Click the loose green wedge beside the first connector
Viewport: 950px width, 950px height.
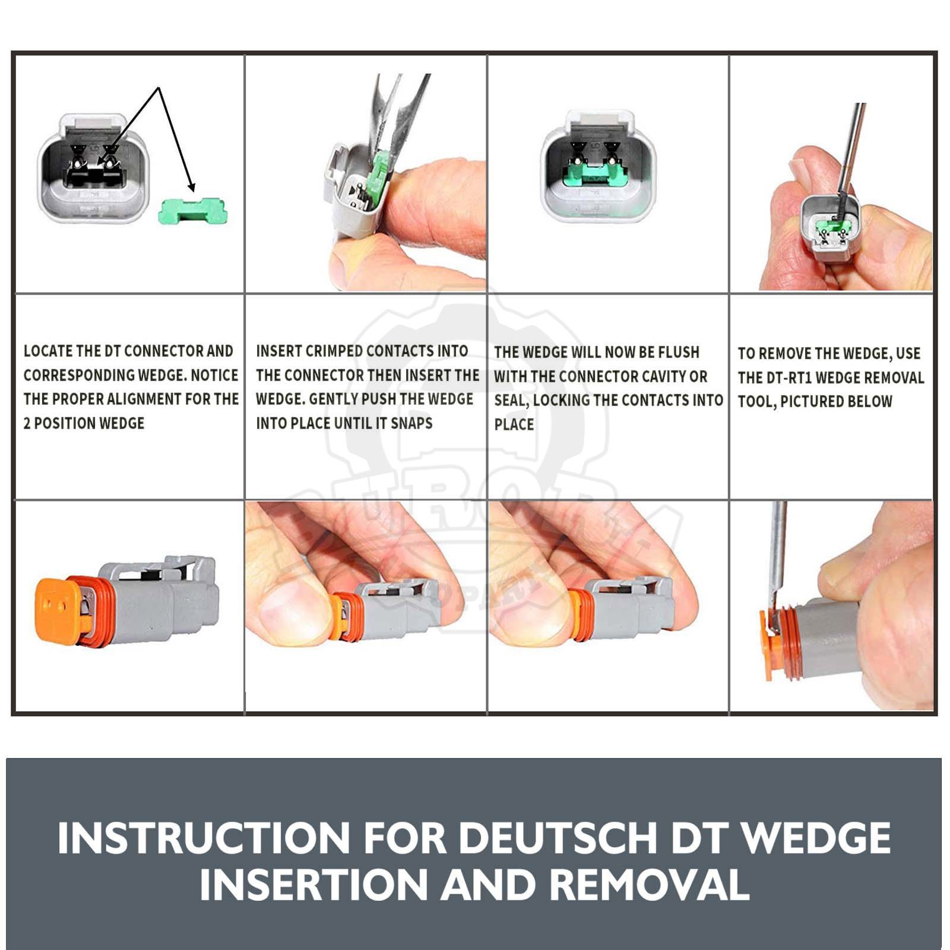coord(193,211)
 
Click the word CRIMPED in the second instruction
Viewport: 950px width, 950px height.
coord(328,351)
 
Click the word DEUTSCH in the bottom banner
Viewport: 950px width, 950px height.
coord(558,838)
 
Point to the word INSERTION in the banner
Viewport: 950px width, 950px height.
coord(313,884)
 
